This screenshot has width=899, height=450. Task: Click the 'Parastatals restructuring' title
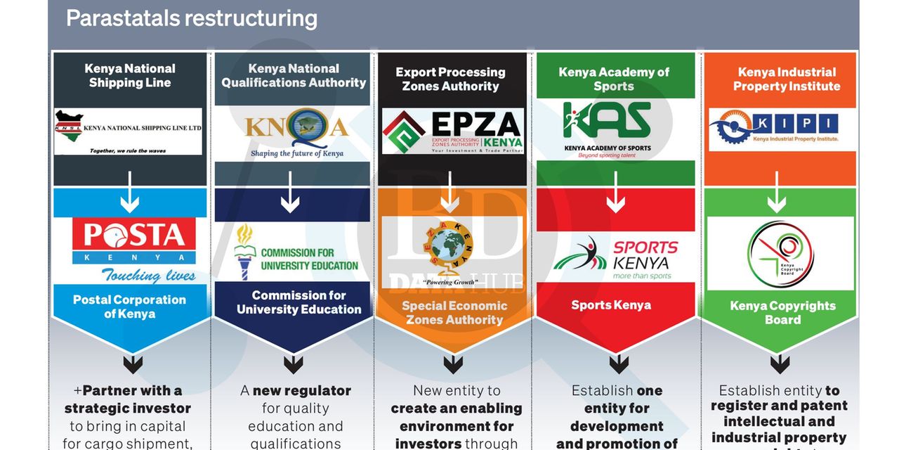(191, 18)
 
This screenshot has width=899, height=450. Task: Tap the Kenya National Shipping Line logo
(129, 131)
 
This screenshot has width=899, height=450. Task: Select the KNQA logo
(294, 131)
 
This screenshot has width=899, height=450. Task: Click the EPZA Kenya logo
(453, 131)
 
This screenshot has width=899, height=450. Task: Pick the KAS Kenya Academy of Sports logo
(608, 130)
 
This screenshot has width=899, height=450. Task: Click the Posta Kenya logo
(133, 250)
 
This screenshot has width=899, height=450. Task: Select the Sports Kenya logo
(615, 258)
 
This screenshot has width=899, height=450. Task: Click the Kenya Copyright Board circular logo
(780, 254)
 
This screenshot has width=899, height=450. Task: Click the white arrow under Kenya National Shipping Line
(130, 201)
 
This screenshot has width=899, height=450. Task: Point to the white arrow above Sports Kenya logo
(616, 201)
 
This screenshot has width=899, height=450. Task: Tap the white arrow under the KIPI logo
(776, 201)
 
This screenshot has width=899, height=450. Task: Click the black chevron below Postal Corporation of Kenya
(133, 364)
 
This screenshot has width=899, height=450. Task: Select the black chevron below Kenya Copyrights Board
(780, 364)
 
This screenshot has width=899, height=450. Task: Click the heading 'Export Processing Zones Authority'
(450, 79)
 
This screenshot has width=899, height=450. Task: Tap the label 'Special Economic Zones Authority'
(454, 312)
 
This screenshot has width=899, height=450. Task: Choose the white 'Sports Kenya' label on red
(611, 305)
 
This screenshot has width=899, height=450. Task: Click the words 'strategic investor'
(128, 409)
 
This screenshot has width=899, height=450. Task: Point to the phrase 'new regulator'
(301, 390)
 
